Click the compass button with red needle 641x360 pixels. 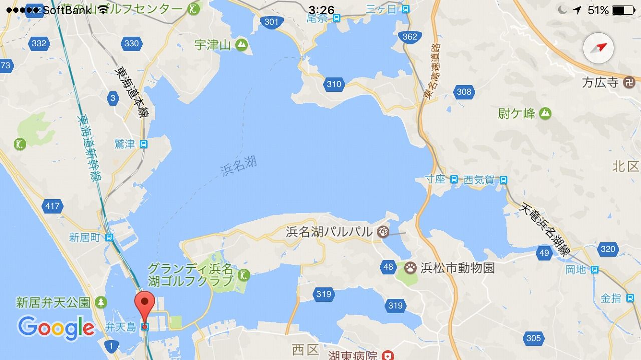click(598, 48)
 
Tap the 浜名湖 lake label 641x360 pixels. click(239, 166)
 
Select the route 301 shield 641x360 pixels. click(270, 21)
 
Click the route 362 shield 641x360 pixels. click(409, 36)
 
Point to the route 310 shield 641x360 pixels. click(334, 84)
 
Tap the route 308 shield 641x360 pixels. click(464, 91)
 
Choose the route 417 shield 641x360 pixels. click(52, 205)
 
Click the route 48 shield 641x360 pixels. click(388, 267)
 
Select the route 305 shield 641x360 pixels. click(533, 338)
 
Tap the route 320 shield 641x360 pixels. click(607, 249)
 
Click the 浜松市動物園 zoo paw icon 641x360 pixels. click(410, 268)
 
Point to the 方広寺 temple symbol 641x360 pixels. click(630, 82)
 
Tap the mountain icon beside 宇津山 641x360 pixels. click(242, 45)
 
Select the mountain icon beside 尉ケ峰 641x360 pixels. click(545, 114)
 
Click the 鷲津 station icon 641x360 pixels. click(144, 145)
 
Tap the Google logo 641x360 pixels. click(56, 328)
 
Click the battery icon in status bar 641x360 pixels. click(623, 10)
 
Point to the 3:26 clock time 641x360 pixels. click(322, 10)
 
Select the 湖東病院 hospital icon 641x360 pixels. click(387, 355)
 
